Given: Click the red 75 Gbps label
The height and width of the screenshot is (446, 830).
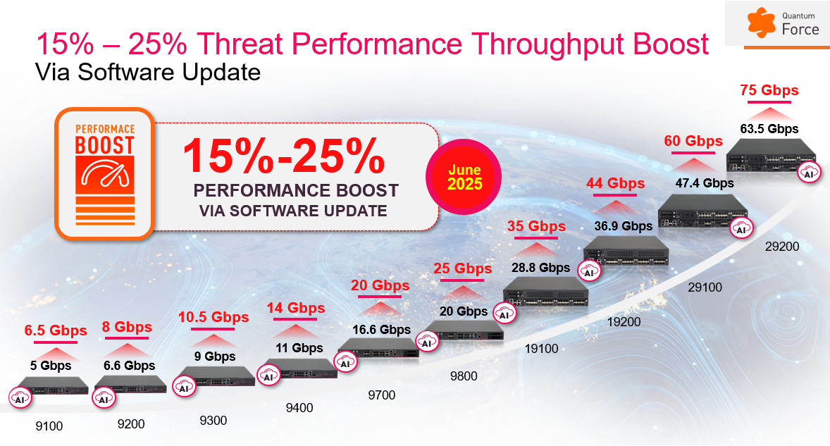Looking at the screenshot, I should pos(769,91).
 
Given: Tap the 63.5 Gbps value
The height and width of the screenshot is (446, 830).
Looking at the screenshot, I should pos(769,129).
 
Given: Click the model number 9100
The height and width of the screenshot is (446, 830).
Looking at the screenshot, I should pos(49,426).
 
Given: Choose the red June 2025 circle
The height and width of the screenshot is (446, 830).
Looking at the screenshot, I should pos(465,178).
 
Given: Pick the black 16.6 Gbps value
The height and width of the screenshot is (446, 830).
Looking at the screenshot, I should pos(381,329).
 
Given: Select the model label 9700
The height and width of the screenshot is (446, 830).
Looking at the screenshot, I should pos(381,395).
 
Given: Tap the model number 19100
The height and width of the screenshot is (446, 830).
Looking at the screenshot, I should pos(541,348).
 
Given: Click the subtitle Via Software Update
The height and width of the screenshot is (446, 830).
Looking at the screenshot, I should pos(148,72).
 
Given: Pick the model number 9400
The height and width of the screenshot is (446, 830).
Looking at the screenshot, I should pos(299,407).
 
